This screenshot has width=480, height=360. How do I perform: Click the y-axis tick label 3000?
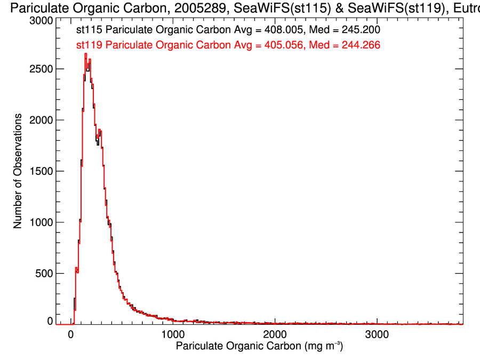pyautogui.click(x=41, y=20)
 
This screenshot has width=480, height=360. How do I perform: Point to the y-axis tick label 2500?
pyautogui.click(x=41, y=69)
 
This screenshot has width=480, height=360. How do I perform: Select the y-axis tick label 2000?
pyautogui.click(x=41, y=120)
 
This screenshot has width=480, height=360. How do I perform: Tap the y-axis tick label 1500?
pyautogui.click(x=41, y=171)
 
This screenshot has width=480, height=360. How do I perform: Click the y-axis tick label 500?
pyautogui.click(x=44, y=273)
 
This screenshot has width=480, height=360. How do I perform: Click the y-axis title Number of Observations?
pyautogui.click(x=18, y=171)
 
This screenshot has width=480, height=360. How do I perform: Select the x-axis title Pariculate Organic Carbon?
pyautogui.click(x=238, y=347)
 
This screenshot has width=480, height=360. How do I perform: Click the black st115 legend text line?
pyautogui.click(x=228, y=30)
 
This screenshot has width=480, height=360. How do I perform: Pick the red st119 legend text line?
pyautogui.click(x=228, y=45)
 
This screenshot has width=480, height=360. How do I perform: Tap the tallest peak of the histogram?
pyautogui.click(x=85, y=54)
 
